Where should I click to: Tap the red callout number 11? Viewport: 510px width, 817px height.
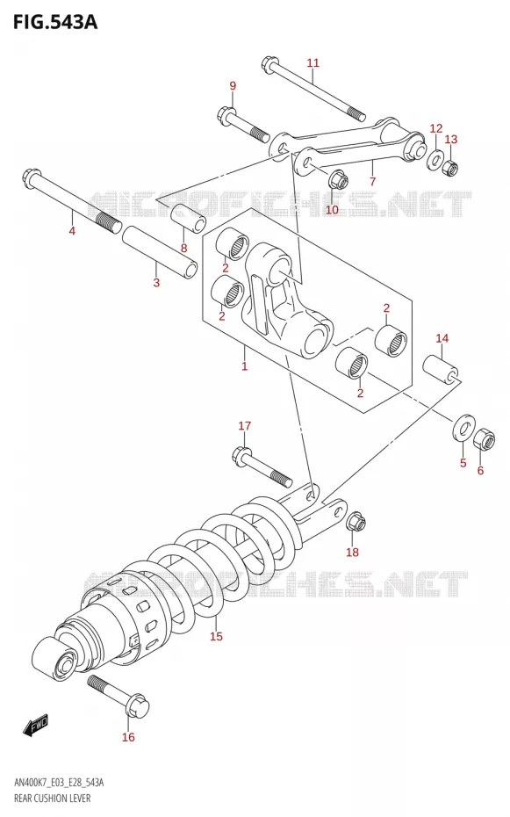point(312,63)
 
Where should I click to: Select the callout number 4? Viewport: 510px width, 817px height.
point(72,230)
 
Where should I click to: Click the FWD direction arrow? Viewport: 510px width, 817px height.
point(36,725)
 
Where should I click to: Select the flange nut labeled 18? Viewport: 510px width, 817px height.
point(356,522)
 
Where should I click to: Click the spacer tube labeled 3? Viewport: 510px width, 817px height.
point(160,253)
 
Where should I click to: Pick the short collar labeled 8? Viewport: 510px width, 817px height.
point(188,218)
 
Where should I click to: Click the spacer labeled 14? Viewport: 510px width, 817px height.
point(442,370)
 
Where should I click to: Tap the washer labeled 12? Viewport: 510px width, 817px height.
point(435,160)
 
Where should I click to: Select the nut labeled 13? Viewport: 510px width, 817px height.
point(450,167)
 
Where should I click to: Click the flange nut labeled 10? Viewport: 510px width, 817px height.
point(338,180)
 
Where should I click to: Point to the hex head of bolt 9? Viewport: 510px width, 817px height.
point(226,114)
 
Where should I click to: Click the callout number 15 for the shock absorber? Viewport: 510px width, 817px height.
point(216,636)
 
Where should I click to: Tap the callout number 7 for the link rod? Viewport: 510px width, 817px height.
point(372,181)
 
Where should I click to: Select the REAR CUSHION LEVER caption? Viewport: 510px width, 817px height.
point(53,799)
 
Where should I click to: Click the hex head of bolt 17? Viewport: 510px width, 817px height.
point(241,456)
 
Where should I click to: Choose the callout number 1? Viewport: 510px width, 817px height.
point(244,366)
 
